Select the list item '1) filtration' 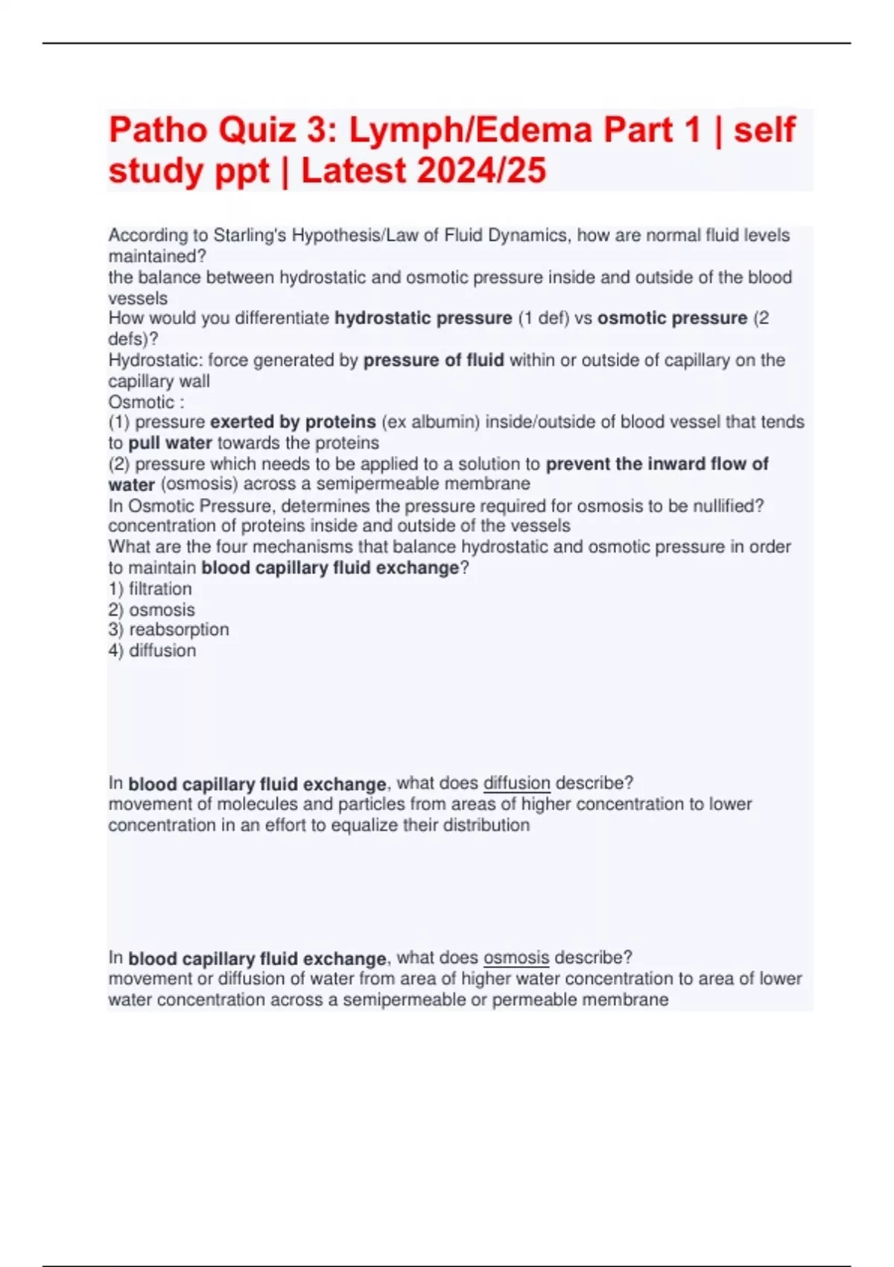(150, 589)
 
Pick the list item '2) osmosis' (151, 610)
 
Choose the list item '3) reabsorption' (168, 630)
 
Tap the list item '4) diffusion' (152, 651)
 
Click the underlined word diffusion (516, 783)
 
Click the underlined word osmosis (516, 958)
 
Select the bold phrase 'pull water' (170, 443)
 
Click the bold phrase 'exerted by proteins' (293, 423)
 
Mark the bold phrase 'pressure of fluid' (434, 361)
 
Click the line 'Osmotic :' (146, 402)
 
